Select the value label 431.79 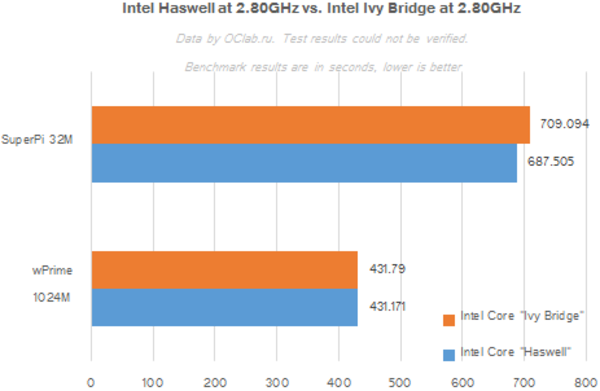click(387, 269)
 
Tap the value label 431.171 click(387, 307)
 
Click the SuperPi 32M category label click(37, 140)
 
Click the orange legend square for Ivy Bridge click(449, 320)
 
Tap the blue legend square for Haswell click(449, 355)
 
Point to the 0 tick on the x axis click(91, 383)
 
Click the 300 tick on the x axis click(277, 383)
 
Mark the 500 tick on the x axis click(401, 383)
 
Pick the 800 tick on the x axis click(586, 383)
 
